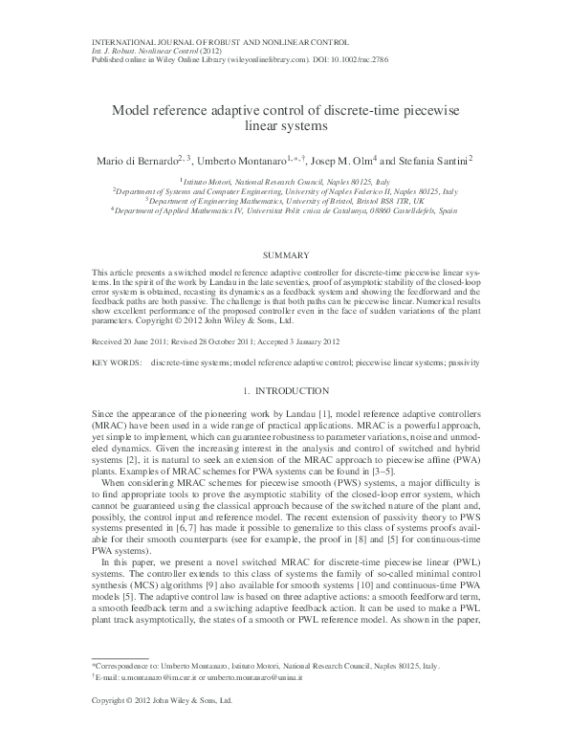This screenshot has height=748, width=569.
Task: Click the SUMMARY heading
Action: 284,255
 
